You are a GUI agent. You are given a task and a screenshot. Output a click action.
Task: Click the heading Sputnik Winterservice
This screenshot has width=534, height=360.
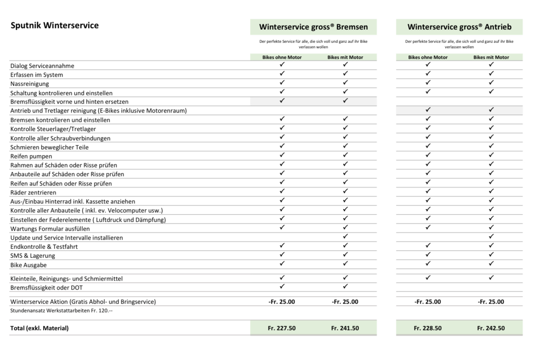54,26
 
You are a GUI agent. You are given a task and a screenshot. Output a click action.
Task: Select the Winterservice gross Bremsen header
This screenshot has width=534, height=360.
313,27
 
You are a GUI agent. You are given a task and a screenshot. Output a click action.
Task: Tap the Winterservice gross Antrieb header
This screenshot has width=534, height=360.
459,27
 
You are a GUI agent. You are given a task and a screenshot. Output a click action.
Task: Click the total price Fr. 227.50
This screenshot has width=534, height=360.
282,328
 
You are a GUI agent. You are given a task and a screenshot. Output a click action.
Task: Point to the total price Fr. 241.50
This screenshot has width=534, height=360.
345,328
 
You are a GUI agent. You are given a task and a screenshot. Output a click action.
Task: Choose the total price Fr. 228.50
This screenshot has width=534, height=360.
428,328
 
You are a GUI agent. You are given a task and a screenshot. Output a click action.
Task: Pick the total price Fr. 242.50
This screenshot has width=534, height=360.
491,328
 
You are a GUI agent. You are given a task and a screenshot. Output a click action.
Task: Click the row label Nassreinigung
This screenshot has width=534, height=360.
30,84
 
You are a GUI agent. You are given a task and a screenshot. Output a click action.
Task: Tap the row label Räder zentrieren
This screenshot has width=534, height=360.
33,192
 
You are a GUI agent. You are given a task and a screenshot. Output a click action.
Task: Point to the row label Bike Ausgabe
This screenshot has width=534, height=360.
28,265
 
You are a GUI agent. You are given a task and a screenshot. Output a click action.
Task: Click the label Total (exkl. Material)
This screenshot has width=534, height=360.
39,328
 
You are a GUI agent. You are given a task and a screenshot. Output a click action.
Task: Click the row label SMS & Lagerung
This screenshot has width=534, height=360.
32,256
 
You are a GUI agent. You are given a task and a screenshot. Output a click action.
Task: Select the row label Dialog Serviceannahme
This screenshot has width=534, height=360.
42,66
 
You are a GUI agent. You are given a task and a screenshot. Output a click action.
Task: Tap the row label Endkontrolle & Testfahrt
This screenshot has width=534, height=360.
44,247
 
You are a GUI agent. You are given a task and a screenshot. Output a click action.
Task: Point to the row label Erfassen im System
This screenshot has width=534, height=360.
37,75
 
